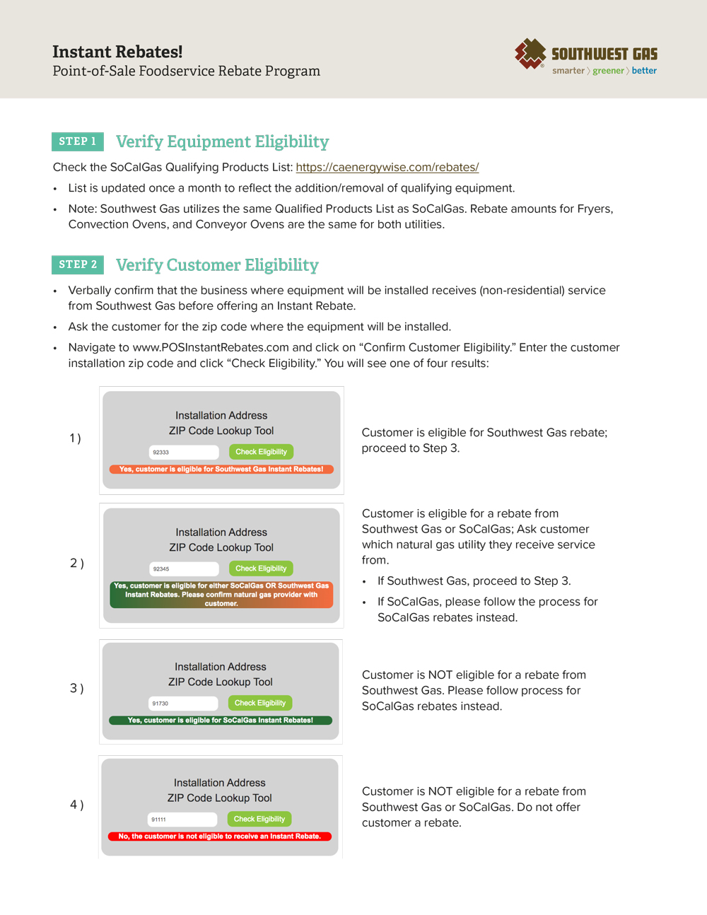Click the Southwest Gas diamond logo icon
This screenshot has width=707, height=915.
pos(530,53)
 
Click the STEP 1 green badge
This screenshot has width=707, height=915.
pos(78,141)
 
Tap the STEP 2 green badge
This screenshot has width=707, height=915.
pos(78,264)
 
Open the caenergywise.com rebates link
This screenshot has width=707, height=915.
pos(387,168)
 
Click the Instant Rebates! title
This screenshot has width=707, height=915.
pos(117,52)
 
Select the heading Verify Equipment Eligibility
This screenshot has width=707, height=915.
pos(222,141)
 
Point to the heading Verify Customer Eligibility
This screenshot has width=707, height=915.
pos(217,265)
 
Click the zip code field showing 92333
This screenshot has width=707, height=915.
pos(184,452)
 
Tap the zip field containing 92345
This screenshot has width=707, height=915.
pos(184,569)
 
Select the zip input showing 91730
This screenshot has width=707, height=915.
pos(183,704)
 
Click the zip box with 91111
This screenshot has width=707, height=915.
pos(182,820)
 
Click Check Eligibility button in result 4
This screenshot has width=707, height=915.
pos(259,820)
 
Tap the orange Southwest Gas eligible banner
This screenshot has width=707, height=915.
pos(221,470)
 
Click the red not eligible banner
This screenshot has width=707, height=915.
pos(219,837)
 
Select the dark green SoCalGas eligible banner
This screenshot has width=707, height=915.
pos(220,721)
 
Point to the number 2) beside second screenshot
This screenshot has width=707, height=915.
pos(76,564)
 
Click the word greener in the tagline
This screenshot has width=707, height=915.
pos(608,71)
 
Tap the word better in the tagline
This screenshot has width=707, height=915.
pos(644,71)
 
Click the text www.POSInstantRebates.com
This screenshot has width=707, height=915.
pos(211,347)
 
